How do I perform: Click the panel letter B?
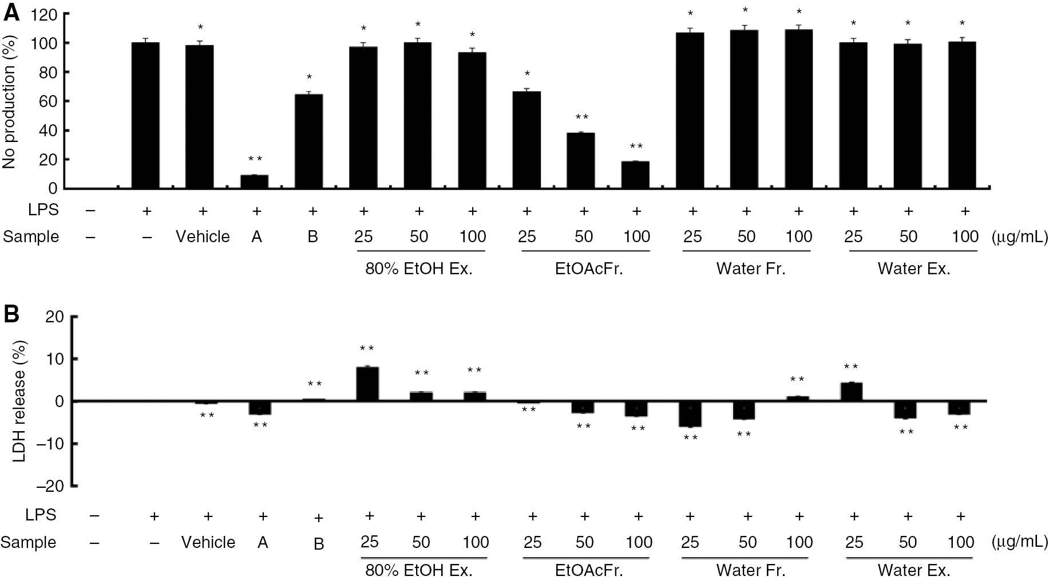(11, 314)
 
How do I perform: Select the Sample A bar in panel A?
(254, 182)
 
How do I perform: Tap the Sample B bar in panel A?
(308, 141)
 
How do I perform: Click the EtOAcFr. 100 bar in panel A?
(635, 175)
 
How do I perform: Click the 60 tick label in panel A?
(48, 101)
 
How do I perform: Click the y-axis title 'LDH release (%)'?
(19, 401)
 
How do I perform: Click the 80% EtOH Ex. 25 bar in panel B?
(367, 384)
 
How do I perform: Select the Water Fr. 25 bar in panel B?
(690, 413)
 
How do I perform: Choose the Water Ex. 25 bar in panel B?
(852, 392)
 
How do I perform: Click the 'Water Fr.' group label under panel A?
(750, 269)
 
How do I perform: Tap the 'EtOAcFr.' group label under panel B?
(588, 570)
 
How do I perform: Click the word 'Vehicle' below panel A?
(203, 236)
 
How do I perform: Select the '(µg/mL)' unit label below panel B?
(1020, 542)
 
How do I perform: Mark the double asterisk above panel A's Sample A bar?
(255, 159)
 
